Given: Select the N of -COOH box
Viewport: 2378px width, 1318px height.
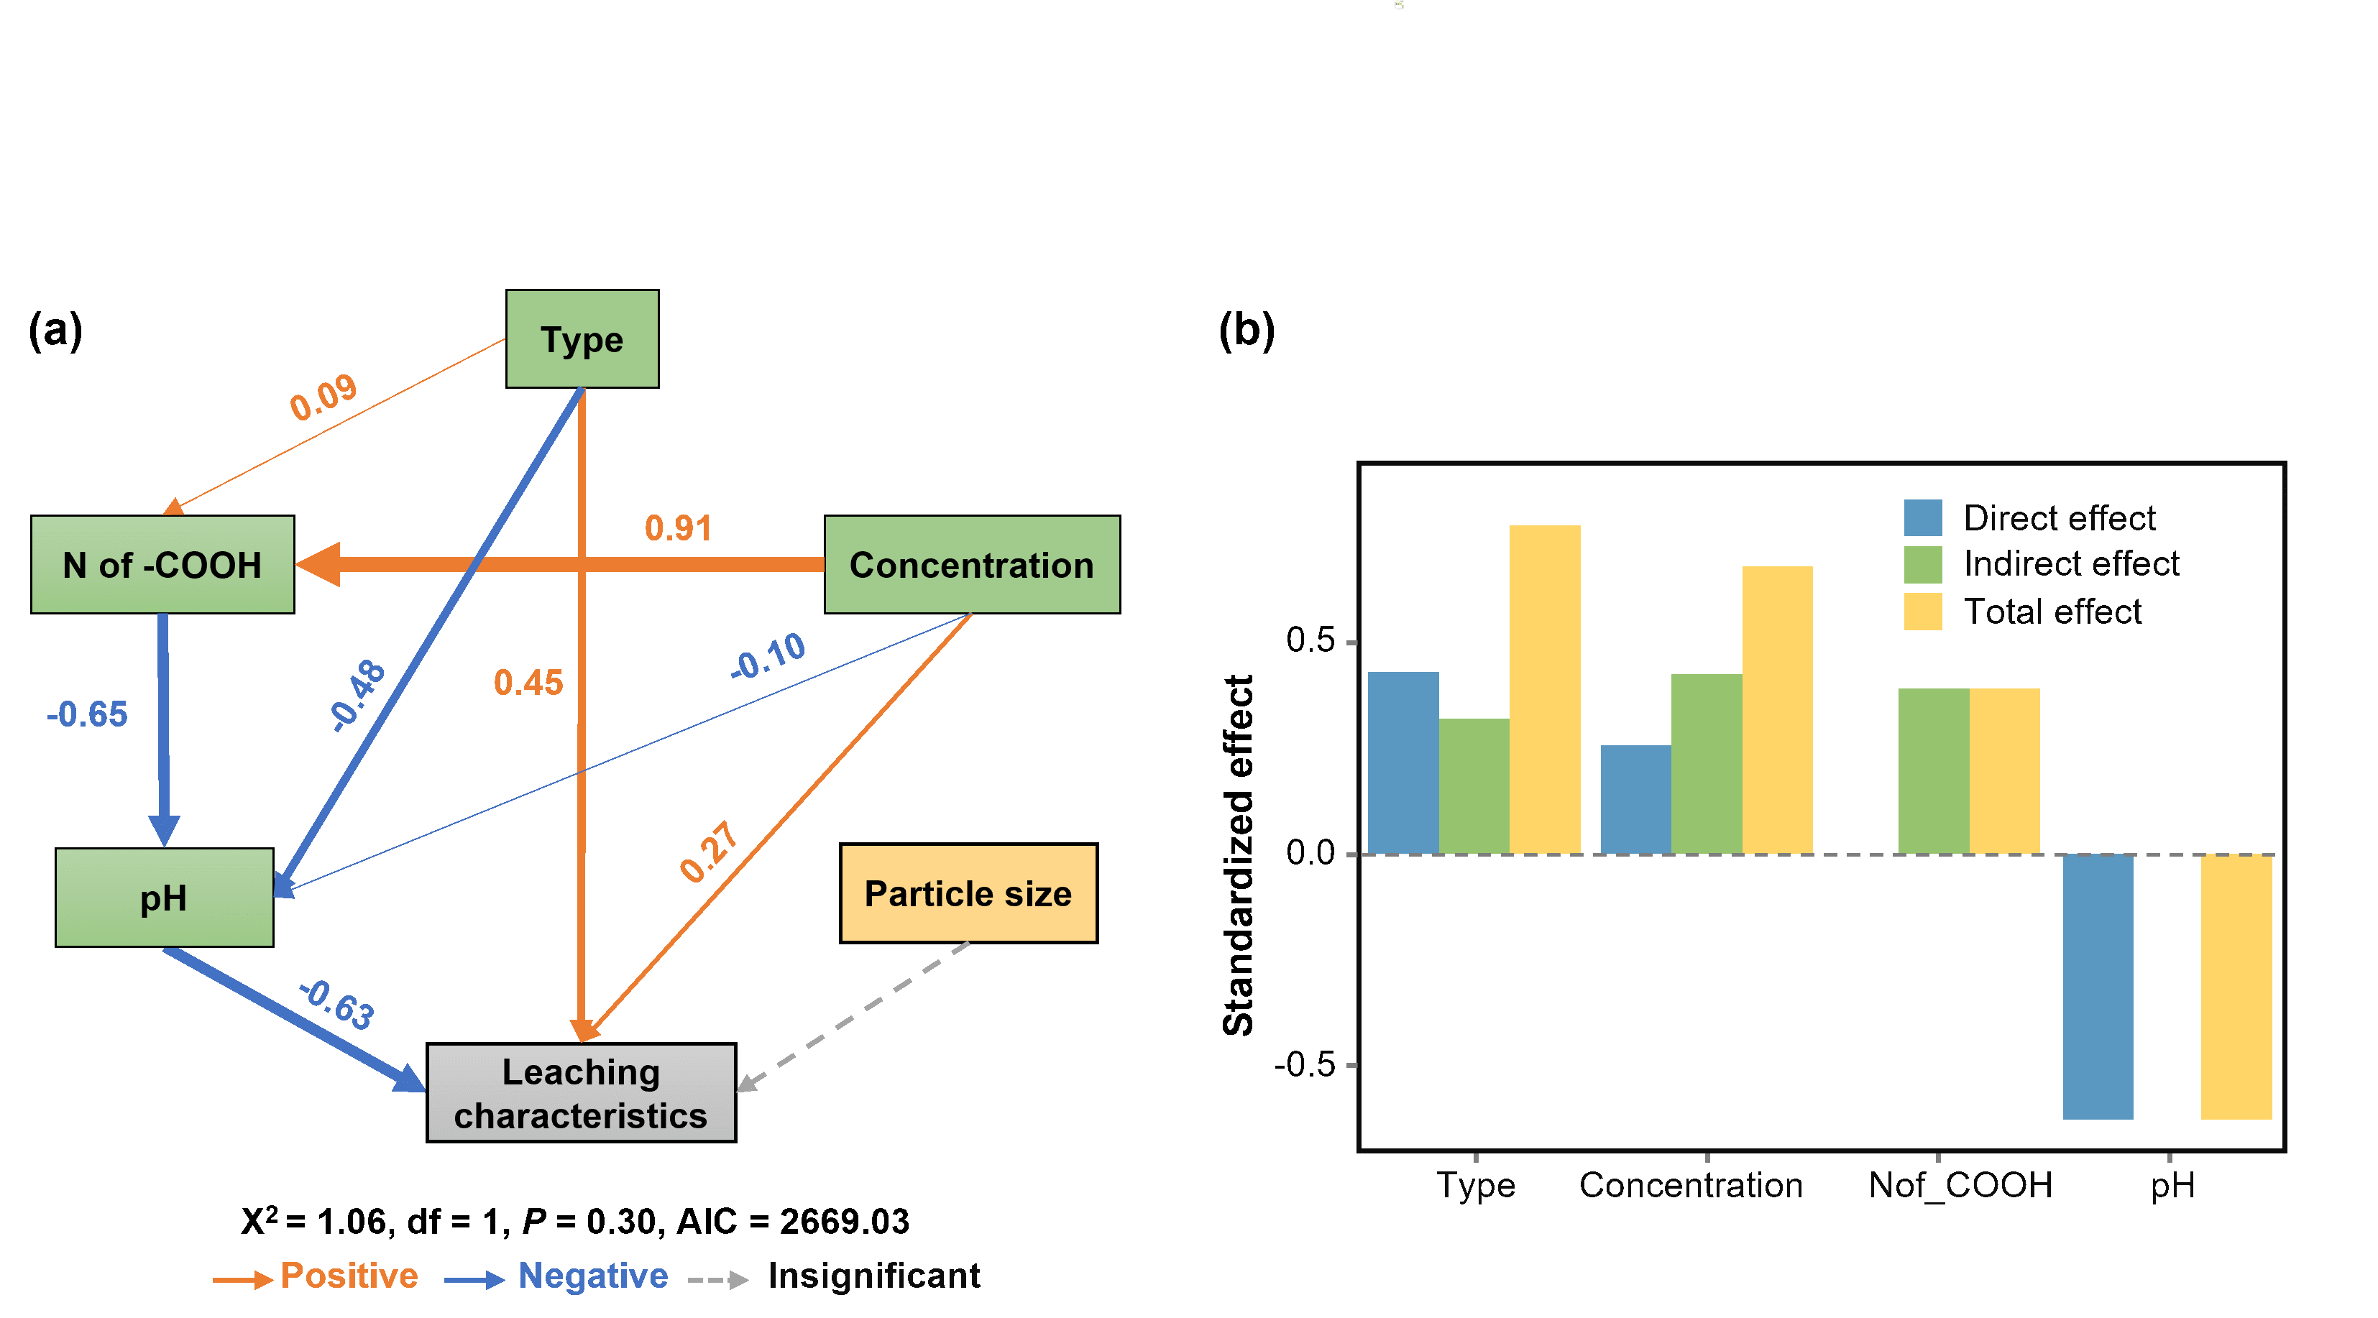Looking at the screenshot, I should coord(162,565).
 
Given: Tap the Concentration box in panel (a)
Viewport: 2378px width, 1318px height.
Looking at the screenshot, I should coord(971,565).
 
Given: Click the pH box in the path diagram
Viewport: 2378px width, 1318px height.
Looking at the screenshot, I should coord(165,897).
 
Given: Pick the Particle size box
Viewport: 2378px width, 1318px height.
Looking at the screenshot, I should coord(968,893).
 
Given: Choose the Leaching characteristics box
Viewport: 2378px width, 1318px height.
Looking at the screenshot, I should coord(581,1093).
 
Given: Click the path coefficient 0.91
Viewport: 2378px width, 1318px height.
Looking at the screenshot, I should coord(679,528).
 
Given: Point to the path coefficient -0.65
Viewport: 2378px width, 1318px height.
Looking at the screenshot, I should coord(88,714).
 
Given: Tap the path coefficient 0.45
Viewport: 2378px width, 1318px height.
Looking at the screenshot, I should coord(528,683).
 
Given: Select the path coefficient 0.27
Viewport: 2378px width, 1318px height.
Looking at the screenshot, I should coord(709,851).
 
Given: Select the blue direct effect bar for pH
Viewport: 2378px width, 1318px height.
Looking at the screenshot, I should coord(2098,986).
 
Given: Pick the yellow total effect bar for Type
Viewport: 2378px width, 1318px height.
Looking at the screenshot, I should coord(1544,688).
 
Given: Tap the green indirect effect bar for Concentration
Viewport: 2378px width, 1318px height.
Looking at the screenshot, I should coord(1706,763).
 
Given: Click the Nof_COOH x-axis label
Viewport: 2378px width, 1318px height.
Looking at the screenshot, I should coord(1960,1185).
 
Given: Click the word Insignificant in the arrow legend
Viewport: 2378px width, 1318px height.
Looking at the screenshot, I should coord(873,1276).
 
